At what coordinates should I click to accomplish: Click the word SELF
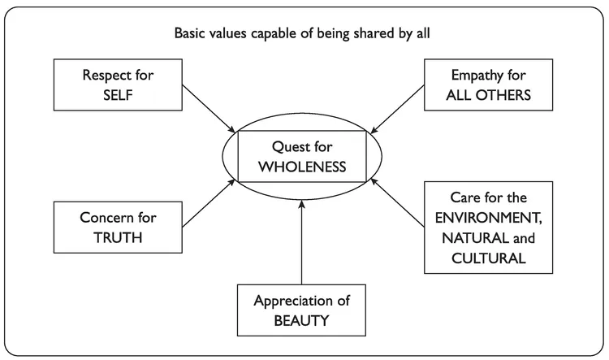tap(118, 94)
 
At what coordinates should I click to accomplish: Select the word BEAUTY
tap(301, 319)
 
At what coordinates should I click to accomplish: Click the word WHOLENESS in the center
tap(302, 167)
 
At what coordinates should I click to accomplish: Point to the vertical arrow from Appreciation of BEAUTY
tap(301, 244)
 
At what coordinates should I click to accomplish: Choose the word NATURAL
tap(467, 238)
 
